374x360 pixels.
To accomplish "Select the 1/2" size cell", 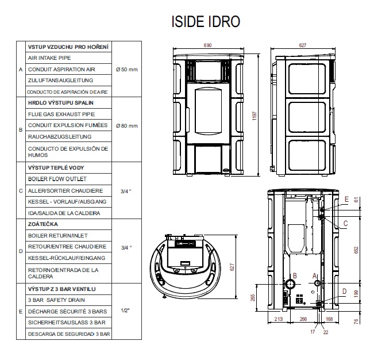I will [x=125, y=311].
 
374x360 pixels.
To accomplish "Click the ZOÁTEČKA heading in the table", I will [x=44, y=224].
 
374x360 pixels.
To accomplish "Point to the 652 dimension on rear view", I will [x=357, y=250].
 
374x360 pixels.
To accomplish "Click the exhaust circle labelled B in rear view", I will [x=291, y=285].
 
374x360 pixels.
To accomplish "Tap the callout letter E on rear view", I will [x=346, y=200].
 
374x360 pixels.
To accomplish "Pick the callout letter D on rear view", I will [x=344, y=291].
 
